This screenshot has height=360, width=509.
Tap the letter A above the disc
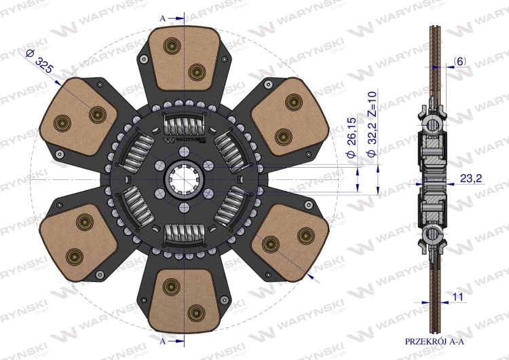click(x=162, y=18)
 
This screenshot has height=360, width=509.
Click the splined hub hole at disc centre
click(x=184, y=179)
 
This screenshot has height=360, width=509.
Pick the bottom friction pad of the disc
click(x=184, y=299)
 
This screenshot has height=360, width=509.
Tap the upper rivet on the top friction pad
click(x=170, y=46)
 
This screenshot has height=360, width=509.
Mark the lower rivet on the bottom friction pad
click(x=197, y=312)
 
